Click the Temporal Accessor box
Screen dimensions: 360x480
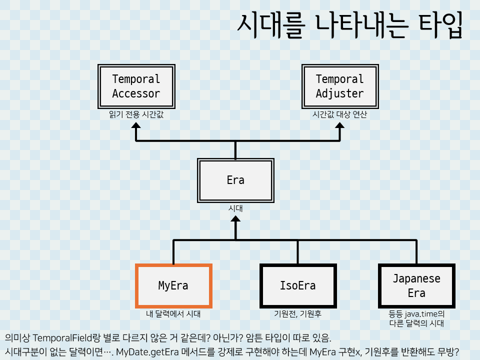coord(136,86)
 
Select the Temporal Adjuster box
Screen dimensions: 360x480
coord(339,86)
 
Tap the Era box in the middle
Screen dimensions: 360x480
coord(235,180)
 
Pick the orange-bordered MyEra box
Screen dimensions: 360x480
coord(173,285)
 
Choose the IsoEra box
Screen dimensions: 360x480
coord(297,285)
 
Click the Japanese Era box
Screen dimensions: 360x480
coord(416,285)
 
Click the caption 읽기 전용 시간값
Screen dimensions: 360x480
coord(136,114)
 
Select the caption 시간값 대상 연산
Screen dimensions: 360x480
coord(339,114)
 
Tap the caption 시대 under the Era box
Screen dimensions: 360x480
coord(235,208)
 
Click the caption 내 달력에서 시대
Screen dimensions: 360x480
coord(173,314)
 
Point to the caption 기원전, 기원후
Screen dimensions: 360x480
coord(297,314)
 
